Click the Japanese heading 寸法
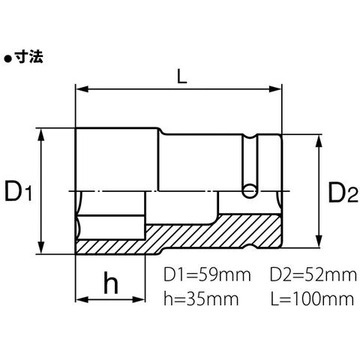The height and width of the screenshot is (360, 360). pyautogui.click(x=28, y=57)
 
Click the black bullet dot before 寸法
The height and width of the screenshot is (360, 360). pyautogui.click(x=8, y=59)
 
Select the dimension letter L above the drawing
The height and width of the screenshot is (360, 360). pyautogui.click(x=181, y=76)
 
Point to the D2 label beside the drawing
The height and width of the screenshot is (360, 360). pyautogui.click(x=343, y=192)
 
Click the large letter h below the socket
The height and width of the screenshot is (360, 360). pyautogui.click(x=111, y=282)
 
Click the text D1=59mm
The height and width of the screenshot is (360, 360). pyautogui.click(x=207, y=274)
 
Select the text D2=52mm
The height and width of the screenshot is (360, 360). pyautogui.click(x=313, y=274)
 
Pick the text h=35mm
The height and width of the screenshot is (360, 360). pyautogui.click(x=201, y=298)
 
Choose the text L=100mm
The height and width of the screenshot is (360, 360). pyautogui.click(x=313, y=298)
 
